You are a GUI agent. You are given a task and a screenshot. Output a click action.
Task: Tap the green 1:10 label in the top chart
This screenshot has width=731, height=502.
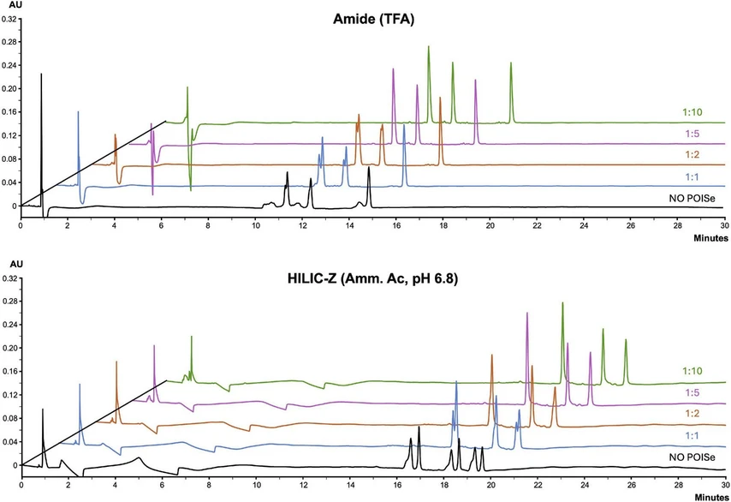pos(694,112)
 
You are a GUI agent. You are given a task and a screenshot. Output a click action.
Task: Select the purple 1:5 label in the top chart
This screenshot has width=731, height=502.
pos(694,134)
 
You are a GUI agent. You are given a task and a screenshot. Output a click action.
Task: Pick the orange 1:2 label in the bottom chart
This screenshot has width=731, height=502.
pos(694,414)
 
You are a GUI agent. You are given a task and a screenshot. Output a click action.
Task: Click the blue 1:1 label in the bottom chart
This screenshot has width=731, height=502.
pos(694,436)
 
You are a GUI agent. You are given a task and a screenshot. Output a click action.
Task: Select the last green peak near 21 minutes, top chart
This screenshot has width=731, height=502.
pos(511,65)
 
